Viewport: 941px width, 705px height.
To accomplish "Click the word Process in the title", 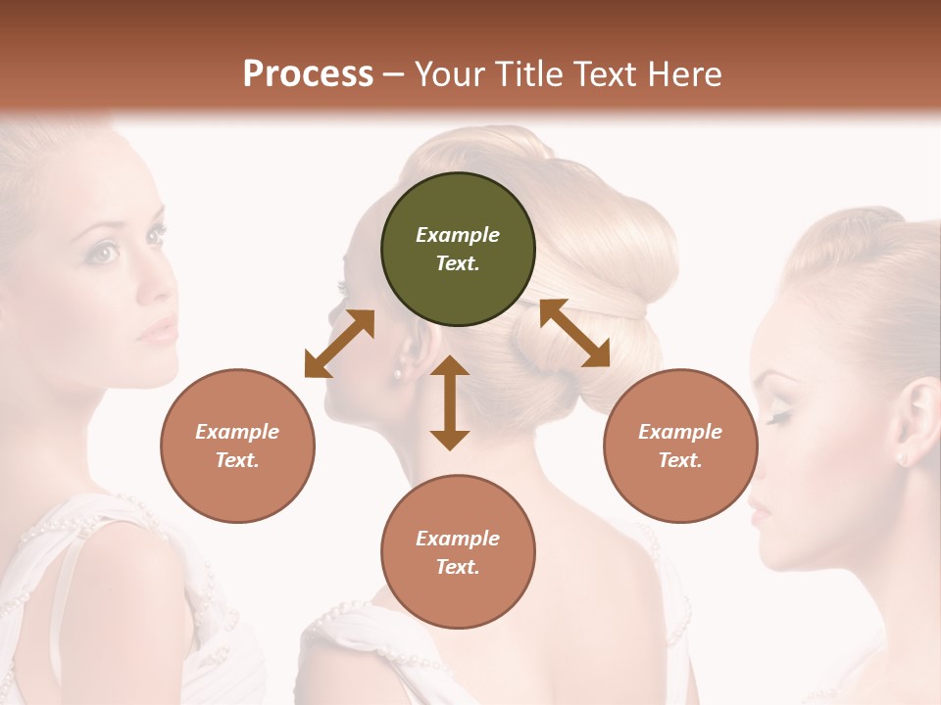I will point(308,74).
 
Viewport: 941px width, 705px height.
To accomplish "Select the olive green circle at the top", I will point(458,250).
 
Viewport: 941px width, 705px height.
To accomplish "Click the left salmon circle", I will point(237,446).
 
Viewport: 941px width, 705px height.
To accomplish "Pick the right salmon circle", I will point(680,446).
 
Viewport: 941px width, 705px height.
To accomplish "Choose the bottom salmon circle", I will point(458,552).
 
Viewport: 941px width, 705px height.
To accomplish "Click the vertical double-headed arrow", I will point(450,402).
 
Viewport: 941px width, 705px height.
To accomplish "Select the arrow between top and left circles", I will point(339,344).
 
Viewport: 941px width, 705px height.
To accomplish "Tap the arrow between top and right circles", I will point(574,333).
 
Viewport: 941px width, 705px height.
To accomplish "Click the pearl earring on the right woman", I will point(902,457).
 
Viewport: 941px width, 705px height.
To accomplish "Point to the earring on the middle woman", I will point(399,373).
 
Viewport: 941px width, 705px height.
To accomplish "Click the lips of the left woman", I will point(160,331).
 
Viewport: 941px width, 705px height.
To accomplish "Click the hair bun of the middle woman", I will point(608,245).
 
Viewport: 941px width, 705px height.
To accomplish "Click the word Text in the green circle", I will point(457,263).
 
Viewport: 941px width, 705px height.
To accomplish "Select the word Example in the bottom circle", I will point(458,538).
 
